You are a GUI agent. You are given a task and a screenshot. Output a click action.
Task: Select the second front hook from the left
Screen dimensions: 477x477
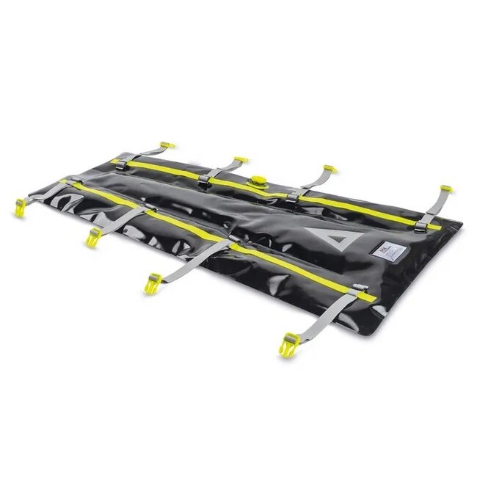(x=94, y=235)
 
